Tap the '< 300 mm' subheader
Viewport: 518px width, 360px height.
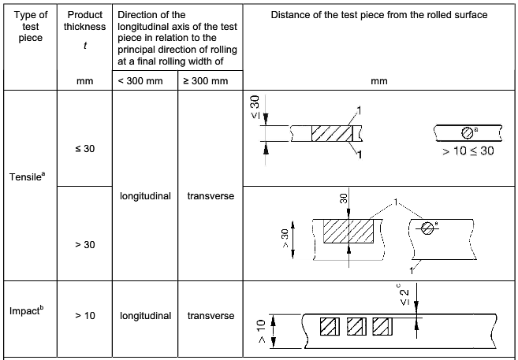coord(145,80)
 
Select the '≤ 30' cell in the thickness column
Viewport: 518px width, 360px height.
coord(84,148)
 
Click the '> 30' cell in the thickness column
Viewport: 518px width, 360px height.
coord(84,245)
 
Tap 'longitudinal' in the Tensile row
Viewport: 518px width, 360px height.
coord(145,195)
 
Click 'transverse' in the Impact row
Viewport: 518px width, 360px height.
coord(211,316)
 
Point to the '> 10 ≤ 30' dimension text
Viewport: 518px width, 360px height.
coord(468,150)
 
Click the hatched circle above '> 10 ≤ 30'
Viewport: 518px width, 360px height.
coord(467,132)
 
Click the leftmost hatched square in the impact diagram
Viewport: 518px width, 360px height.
coord(328,325)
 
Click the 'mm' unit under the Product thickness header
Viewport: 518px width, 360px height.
coord(84,80)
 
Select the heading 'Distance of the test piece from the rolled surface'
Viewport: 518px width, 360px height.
coord(380,15)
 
